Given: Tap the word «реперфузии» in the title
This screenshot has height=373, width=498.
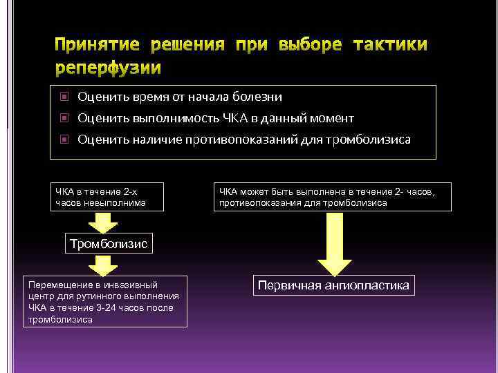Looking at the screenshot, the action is coord(109,68).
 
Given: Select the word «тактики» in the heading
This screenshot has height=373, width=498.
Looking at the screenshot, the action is coord(390,46).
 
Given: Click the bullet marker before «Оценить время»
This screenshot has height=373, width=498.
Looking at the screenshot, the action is coord(64,97).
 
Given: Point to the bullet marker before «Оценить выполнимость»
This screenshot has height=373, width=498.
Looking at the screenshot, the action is coord(64,118).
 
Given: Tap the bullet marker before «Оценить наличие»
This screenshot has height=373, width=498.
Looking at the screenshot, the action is coord(64,140).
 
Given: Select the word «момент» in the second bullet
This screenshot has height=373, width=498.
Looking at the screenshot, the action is coord(331,118).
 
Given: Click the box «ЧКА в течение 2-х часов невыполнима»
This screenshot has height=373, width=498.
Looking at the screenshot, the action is coord(107,196).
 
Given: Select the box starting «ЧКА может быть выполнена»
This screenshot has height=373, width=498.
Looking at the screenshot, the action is coord(332,196).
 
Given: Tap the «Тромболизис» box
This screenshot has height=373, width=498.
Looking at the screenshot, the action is coord(107,244).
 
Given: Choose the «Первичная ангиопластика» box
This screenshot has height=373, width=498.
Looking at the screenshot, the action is coord(333,285).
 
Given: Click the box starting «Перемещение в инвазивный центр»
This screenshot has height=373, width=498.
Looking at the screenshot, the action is coord(105,302).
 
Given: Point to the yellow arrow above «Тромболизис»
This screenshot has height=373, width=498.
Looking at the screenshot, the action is coord(103,222).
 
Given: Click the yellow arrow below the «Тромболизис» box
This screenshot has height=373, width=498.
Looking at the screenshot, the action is coord(103,265).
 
